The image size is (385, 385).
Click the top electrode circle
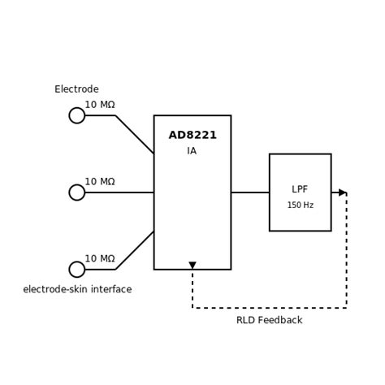click(77, 115)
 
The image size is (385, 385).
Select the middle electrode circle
click(77, 192)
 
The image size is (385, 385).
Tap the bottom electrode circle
click(77, 270)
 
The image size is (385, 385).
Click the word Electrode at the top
click(76, 89)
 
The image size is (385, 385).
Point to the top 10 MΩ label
click(100, 105)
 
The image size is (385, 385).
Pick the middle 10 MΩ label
click(100, 182)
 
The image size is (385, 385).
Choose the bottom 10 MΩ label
click(100, 259)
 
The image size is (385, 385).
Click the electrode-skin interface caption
click(77, 290)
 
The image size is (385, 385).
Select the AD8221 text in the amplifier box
click(192, 136)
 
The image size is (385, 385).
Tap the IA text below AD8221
click(192, 151)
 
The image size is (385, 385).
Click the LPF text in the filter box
click(300, 189)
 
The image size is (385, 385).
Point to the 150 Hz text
click(300, 205)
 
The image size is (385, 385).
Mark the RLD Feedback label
click(269, 321)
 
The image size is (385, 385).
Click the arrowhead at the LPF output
click(343, 192)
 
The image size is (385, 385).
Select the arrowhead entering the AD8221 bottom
click(192, 266)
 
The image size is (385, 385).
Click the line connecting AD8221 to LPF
click(250, 192)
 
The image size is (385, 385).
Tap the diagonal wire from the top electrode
click(135, 135)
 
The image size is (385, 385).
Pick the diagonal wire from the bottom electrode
click(135, 250)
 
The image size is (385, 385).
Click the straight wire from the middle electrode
click(119, 192)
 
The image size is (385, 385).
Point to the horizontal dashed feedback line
click(269, 308)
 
